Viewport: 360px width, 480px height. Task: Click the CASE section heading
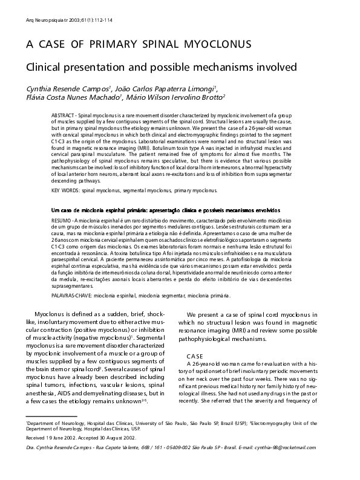tap(195, 355)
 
